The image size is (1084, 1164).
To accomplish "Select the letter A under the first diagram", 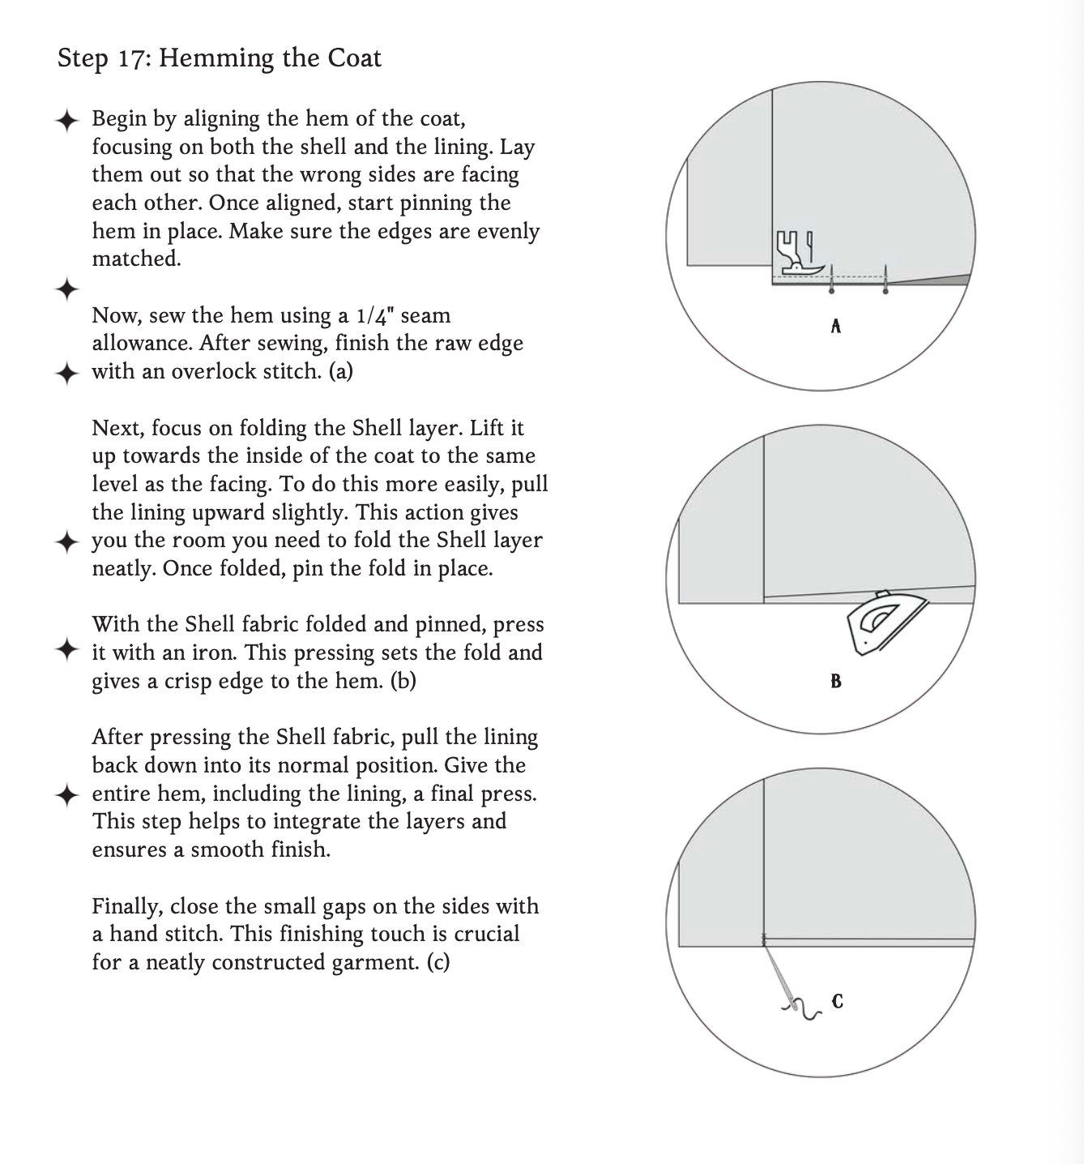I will tap(836, 327).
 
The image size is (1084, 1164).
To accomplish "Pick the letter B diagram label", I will tap(836, 682).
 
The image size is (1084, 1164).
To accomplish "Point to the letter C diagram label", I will tap(838, 1002).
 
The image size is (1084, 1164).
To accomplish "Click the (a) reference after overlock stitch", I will tap(340, 371).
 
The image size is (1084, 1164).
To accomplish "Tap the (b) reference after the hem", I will tap(403, 681).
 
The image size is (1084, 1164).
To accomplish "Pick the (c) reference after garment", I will tap(437, 962).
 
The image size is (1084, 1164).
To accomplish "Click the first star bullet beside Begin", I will tap(67, 121).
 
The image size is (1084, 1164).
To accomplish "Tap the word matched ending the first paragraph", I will tap(135, 259).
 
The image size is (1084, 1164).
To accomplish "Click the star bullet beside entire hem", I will tap(67, 794).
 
